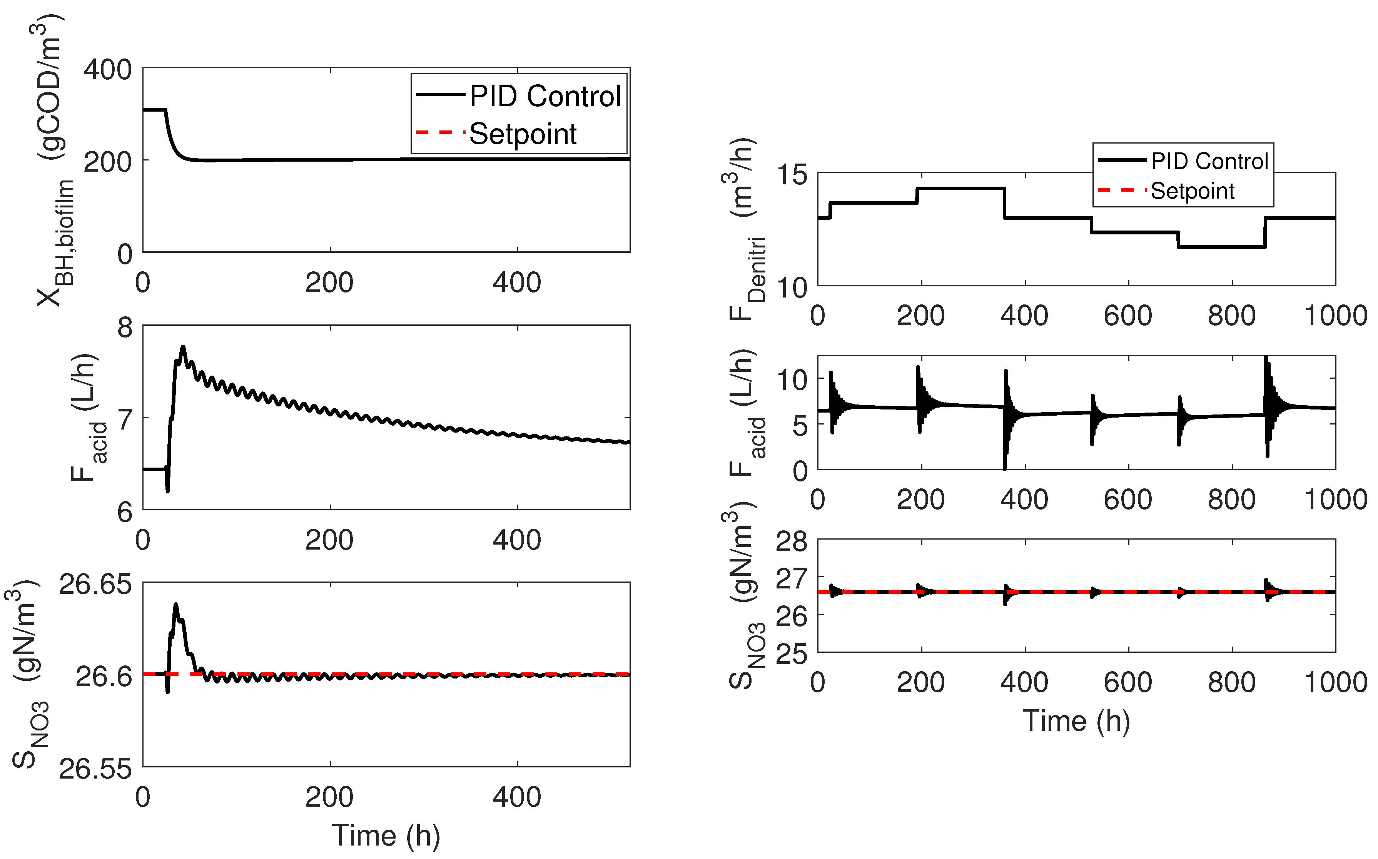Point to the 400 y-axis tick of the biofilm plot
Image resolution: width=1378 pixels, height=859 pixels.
coord(108,70)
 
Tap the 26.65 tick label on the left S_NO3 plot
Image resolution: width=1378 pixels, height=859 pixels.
coord(95,585)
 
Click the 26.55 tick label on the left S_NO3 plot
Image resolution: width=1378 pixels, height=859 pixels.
coord(95,769)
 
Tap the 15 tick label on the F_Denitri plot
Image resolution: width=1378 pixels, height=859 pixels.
coord(792,174)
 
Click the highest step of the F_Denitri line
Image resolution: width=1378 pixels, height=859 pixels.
coord(960,188)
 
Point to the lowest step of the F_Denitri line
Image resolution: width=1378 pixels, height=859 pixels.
coord(1221,247)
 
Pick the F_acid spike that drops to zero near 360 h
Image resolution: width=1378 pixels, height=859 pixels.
coord(1005,467)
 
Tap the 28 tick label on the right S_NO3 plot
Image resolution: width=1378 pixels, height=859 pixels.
coord(792,541)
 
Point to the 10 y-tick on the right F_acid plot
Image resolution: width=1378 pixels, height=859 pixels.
coord(792,379)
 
